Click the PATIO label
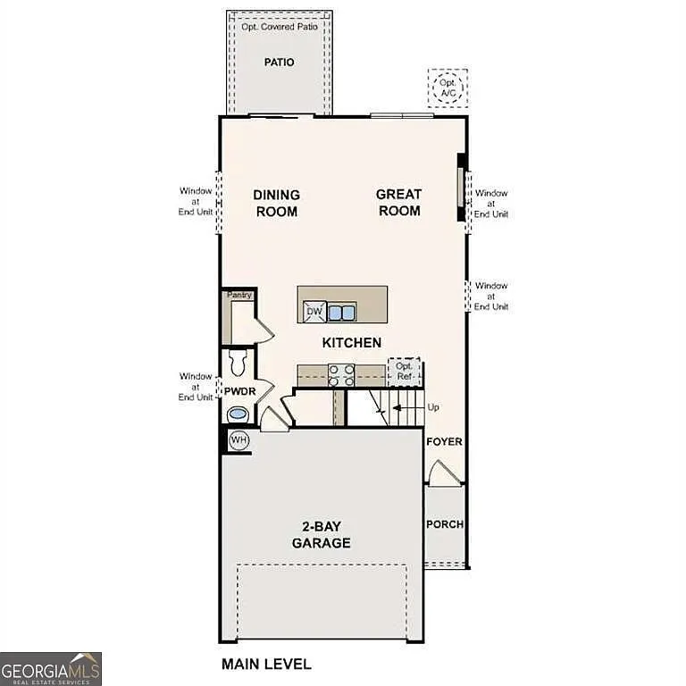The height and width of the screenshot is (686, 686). (279, 62)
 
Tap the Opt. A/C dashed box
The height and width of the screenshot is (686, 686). (448, 88)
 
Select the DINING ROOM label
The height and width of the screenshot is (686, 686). (276, 203)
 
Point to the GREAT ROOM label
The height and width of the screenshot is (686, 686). (398, 203)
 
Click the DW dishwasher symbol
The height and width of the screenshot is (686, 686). (314, 311)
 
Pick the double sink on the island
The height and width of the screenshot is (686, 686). (341, 312)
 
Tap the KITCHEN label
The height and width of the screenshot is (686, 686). (352, 343)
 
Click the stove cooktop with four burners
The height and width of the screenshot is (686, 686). (341, 374)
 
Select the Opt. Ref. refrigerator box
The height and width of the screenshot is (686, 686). (404, 372)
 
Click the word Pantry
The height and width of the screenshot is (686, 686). (239, 296)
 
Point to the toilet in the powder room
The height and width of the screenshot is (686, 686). (238, 363)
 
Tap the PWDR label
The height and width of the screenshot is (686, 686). (239, 391)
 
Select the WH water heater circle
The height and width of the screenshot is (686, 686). (238, 439)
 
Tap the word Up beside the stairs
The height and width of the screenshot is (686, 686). (434, 407)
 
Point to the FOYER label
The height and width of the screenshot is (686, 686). (444, 442)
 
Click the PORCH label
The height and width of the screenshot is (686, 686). (444, 524)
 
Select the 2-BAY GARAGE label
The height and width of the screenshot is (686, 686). (321, 535)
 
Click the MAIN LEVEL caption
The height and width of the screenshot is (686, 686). (266, 664)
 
